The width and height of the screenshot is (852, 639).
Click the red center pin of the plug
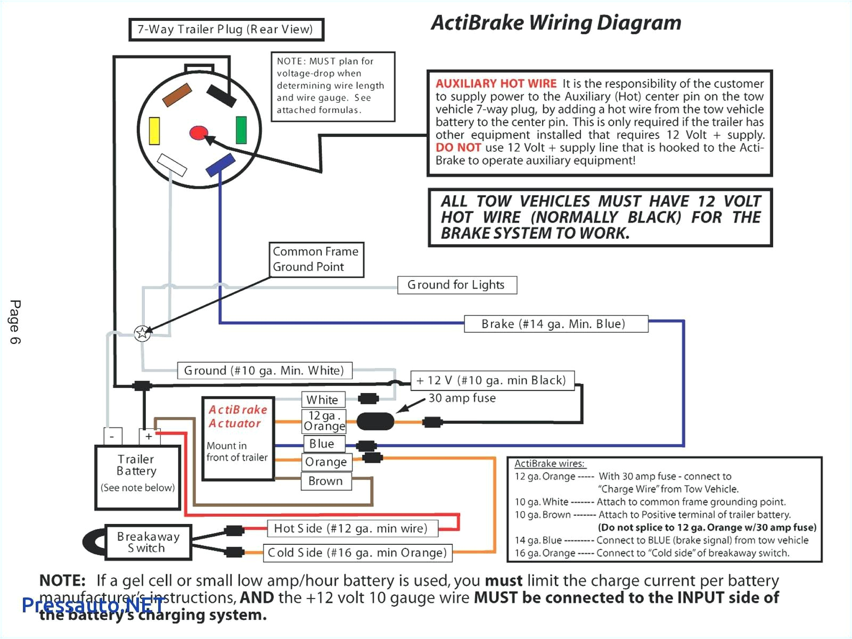[x=199, y=133]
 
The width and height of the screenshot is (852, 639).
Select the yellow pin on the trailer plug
[x=154, y=131]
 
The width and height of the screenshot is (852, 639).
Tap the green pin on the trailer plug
[x=241, y=130]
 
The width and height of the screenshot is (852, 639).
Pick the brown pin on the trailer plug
[x=177, y=95]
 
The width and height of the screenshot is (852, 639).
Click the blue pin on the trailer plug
[x=220, y=165]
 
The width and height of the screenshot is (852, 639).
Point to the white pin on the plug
[x=173, y=165]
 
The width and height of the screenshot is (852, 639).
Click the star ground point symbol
[x=142, y=333]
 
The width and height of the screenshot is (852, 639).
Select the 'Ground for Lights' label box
[x=457, y=285]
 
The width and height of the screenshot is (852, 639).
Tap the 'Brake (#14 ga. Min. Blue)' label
[x=555, y=324]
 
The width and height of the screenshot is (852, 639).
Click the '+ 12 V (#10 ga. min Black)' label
[x=492, y=380]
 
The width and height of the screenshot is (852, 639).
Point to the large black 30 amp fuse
[x=375, y=422]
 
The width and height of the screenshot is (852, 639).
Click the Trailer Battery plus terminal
[x=149, y=436]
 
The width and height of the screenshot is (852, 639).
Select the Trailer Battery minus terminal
[x=112, y=436]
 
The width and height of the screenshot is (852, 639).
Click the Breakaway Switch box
[x=148, y=543]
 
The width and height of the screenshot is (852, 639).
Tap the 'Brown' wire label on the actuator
[x=325, y=481]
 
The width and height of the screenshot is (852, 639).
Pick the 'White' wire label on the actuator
[x=323, y=399]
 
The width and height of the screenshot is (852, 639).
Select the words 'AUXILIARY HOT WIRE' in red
[x=496, y=84]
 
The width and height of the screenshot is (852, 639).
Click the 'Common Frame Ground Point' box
[x=316, y=259]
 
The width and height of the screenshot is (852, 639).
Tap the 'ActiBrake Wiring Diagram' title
[x=556, y=23]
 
